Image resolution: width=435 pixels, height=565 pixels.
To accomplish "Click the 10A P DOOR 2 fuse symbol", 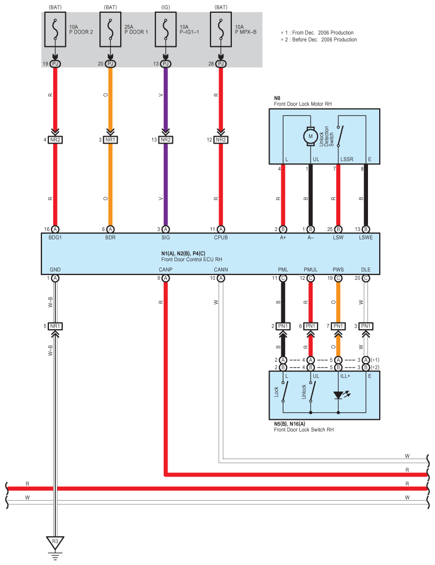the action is tap(55, 30).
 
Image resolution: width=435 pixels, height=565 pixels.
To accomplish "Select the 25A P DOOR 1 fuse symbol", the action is tap(110, 30).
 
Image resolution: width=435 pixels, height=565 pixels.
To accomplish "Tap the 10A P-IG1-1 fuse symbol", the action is tap(165, 30).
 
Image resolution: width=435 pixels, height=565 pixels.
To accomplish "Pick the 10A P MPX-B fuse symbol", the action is tap(221, 30).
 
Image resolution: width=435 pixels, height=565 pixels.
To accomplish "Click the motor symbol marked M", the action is tap(311, 137).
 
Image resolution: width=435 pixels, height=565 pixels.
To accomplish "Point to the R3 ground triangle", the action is tap(55, 542).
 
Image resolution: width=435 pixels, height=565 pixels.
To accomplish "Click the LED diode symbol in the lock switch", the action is tap(338, 395).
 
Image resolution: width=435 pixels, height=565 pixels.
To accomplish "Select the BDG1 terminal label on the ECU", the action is tap(55, 237).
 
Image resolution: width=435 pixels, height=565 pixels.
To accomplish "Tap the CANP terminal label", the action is tap(165, 270).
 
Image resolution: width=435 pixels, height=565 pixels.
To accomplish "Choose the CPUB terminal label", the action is tap(221, 237).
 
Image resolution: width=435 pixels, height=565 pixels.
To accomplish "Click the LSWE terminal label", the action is tap(366, 237).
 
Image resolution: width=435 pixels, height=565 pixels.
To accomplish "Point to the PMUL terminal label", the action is tap(311, 270).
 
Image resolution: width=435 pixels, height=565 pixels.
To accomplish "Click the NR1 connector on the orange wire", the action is tap(110, 139).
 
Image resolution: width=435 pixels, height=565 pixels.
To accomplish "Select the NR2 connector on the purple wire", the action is tap(165, 139).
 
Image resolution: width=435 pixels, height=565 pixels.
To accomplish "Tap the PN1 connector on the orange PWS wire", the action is tap(338, 326).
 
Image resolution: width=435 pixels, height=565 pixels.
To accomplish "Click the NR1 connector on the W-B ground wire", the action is tap(55, 326).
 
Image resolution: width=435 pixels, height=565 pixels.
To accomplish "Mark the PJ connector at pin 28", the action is tap(221, 64).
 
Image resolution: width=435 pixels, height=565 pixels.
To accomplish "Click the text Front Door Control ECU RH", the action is tap(191, 260).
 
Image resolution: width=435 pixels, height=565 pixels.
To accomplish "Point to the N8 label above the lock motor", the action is tap(277, 98).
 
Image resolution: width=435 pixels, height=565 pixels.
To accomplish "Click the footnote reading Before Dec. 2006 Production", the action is tap(324, 40).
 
